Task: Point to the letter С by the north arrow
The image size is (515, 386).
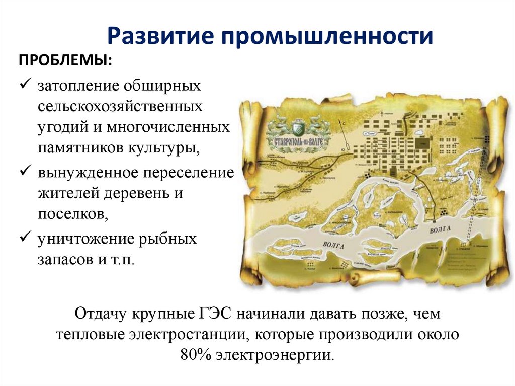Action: [341, 122]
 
